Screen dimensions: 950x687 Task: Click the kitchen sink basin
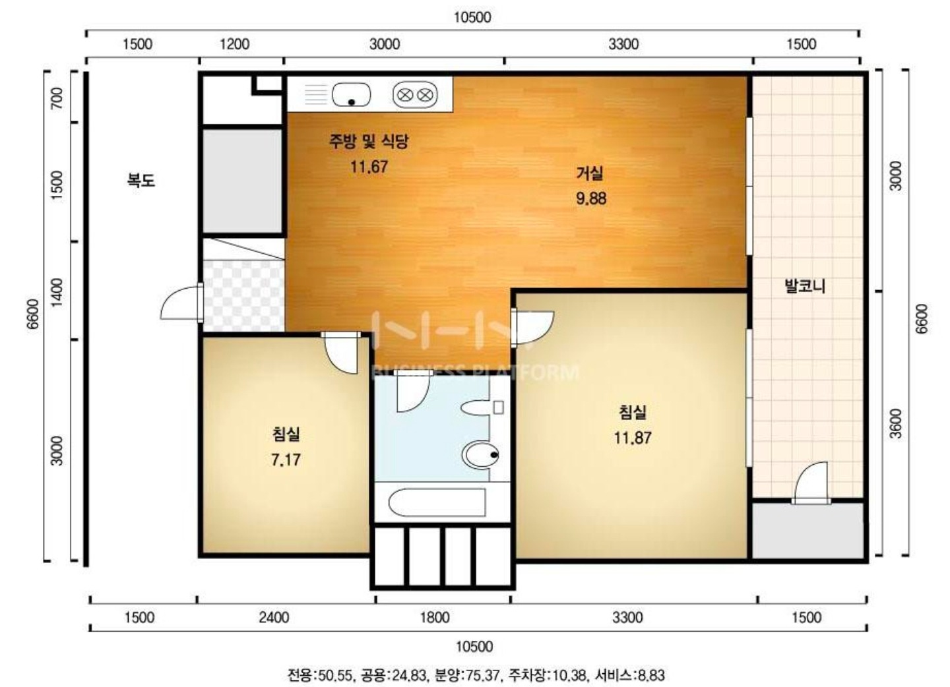pos(351,95)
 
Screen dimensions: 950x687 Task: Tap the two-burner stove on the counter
pos(415,95)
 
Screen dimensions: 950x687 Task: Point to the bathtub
pos(437,502)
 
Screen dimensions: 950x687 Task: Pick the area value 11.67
pos(369,167)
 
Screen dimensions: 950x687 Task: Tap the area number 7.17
pos(286,460)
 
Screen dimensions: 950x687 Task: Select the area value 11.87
pos(632,438)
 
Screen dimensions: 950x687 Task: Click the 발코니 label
pos(805,286)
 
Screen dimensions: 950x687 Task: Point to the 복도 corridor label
pos(141,180)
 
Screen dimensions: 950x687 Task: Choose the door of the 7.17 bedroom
pos(340,352)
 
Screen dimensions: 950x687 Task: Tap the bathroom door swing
pos(412,391)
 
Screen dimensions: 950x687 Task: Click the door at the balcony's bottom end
pos(811,483)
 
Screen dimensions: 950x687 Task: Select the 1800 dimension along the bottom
pos(434,618)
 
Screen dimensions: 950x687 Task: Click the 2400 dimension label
pos(274,618)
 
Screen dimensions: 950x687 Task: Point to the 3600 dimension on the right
pos(895,423)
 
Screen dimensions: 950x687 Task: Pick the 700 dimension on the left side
pos(57,98)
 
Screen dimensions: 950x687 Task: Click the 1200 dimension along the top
pos(235,44)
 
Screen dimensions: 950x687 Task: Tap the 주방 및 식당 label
pos(369,141)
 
